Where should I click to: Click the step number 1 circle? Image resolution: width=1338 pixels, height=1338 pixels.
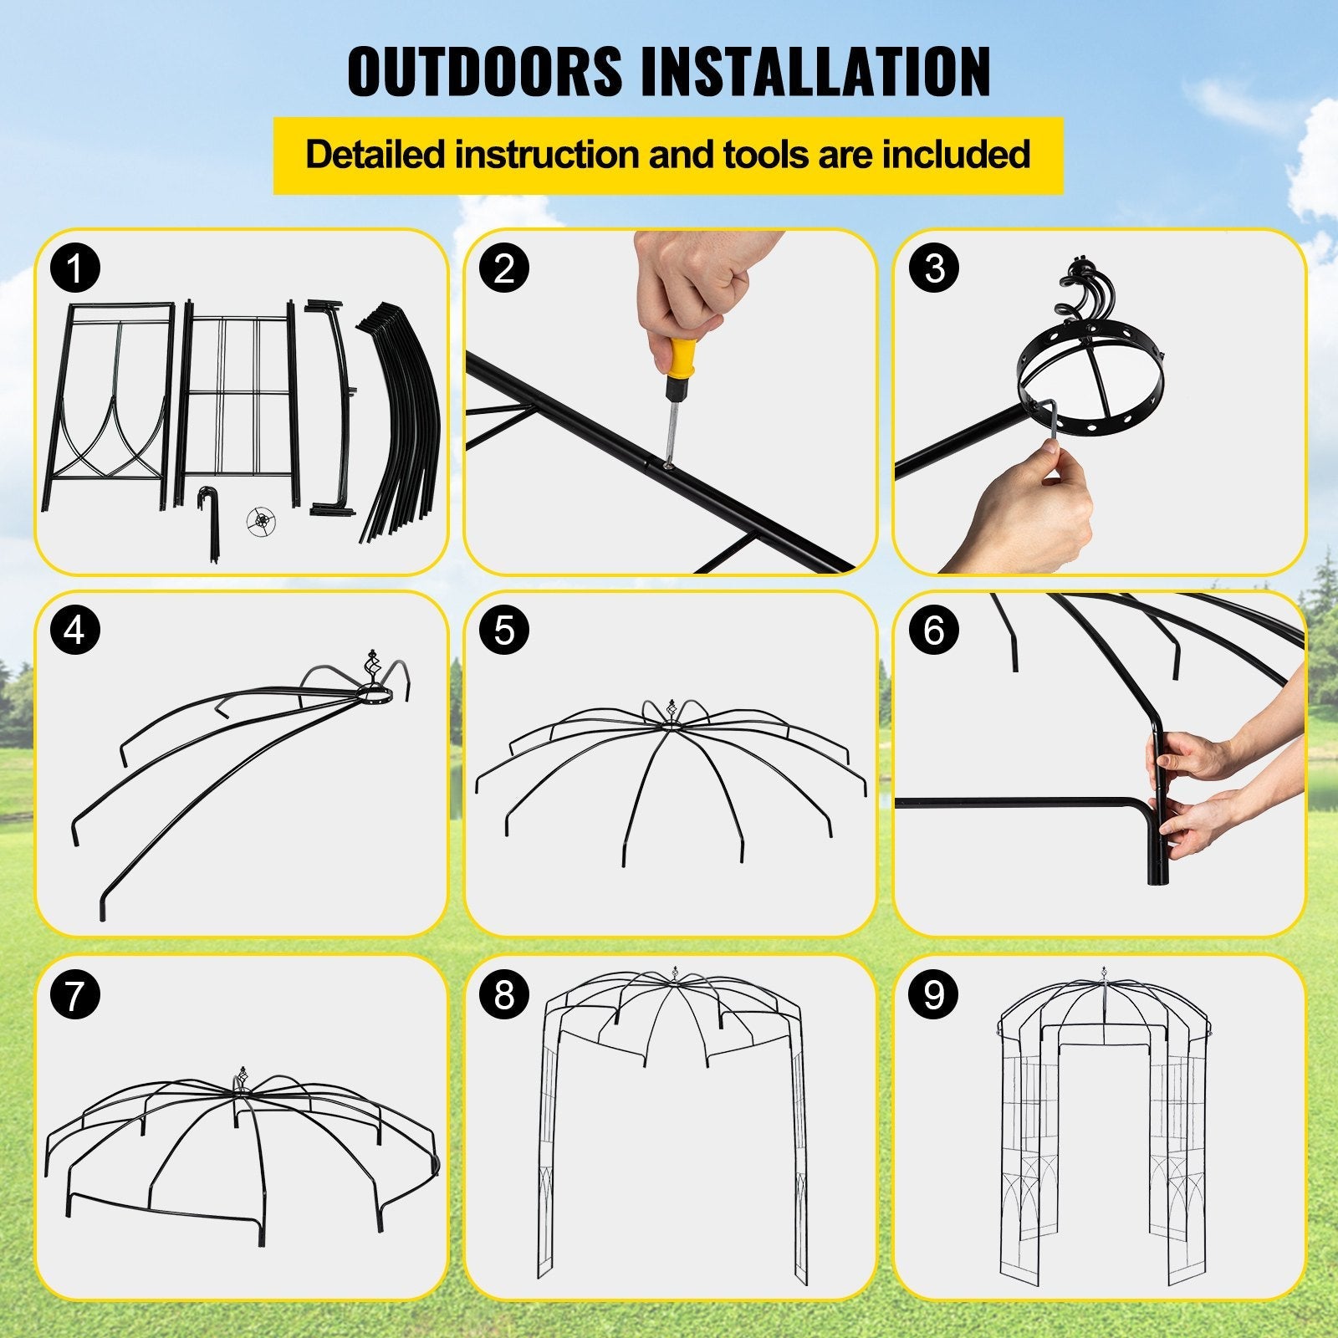coord(75,269)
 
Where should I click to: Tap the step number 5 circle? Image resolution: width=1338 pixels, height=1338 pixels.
coord(504,631)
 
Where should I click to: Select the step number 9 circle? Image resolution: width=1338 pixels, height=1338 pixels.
coord(934,995)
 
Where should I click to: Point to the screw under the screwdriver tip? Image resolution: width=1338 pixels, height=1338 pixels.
coord(667,460)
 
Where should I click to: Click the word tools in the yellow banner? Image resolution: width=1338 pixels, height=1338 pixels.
coord(759,155)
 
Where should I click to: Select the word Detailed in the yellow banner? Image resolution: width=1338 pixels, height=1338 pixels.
coord(374,155)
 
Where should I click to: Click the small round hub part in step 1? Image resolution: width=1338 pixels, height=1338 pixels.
coord(261,521)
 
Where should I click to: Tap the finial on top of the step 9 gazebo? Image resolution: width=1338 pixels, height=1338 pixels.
coord(1105,978)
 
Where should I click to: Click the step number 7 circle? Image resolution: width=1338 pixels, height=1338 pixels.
coord(75,995)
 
